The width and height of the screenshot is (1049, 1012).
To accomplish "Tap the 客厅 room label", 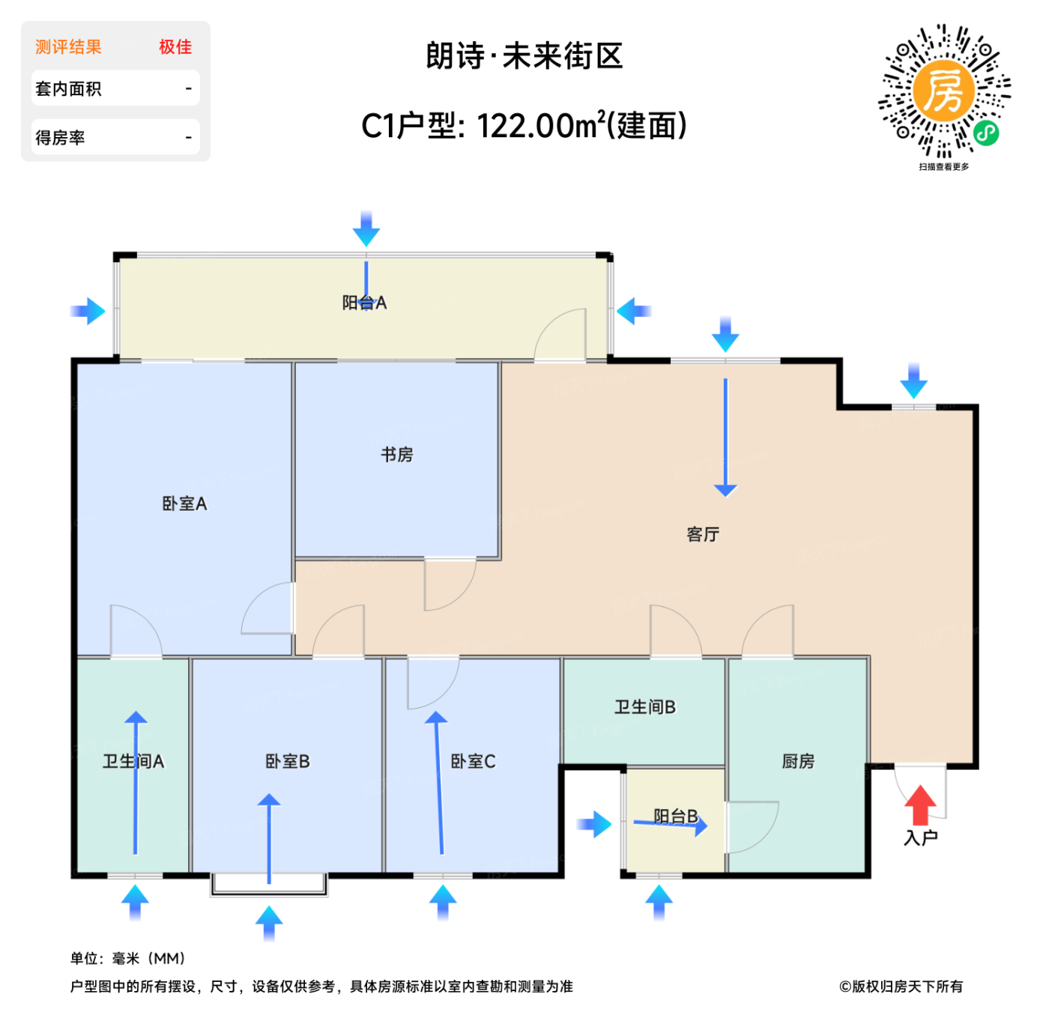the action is click(x=702, y=533).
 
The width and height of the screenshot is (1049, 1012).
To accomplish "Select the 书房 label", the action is click(x=396, y=454).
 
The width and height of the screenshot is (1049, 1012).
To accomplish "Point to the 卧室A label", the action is click(x=184, y=503).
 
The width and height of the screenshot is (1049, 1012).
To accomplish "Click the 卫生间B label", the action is click(x=644, y=706).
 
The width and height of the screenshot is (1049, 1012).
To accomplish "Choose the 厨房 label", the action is click(x=797, y=760).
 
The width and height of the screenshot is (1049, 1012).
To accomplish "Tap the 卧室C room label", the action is click(x=473, y=760).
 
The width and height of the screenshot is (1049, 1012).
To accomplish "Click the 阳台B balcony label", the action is click(x=675, y=815).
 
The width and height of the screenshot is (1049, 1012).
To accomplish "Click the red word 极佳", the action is click(x=175, y=47).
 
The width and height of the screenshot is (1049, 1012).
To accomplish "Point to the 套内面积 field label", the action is click(x=68, y=88).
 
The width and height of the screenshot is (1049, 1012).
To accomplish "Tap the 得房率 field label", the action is click(x=60, y=137).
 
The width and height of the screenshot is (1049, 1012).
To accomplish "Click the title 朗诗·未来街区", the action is click(x=524, y=55).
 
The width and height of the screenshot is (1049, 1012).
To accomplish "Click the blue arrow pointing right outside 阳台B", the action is click(x=593, y=823).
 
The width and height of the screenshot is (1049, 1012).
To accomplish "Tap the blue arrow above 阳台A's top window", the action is click(x=366, y=228).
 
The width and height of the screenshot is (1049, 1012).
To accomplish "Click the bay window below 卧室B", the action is click(x=268, y=883).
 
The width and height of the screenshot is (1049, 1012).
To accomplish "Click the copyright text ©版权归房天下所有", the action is click(x=900, y=986).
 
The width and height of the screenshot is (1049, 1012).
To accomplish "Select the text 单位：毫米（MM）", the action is click(x=128, y=957).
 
